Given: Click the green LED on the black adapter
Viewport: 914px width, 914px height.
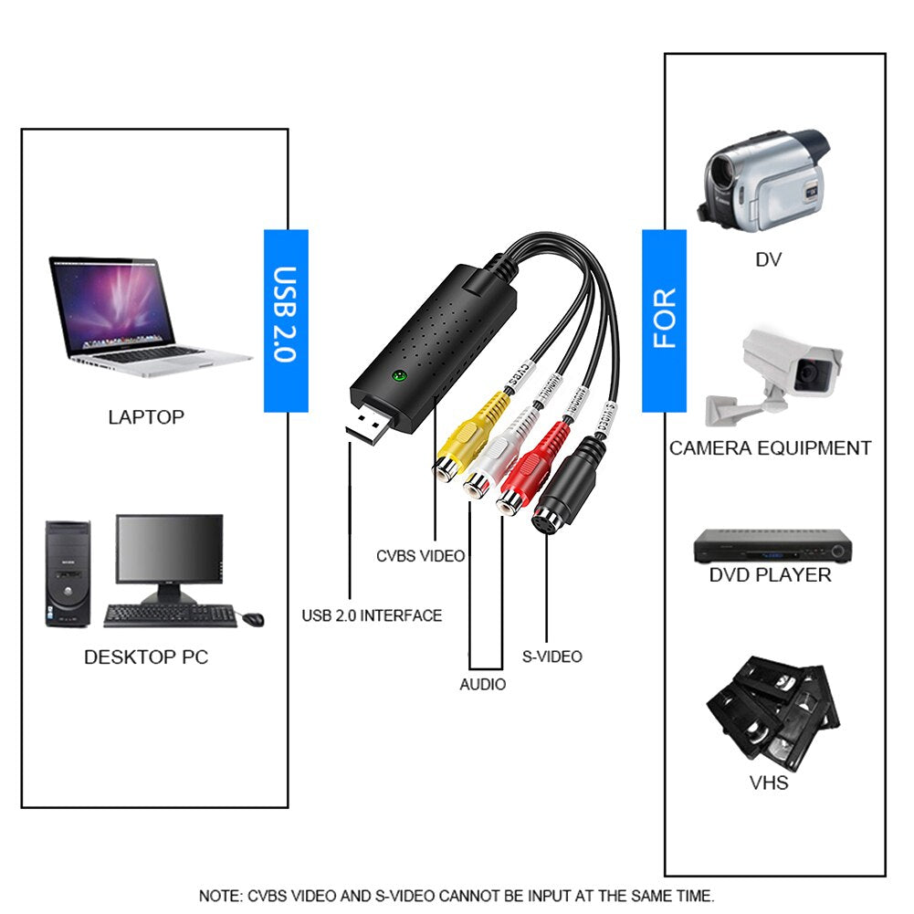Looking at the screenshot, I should point(398,375).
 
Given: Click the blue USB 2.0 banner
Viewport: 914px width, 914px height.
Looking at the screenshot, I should point(286,320).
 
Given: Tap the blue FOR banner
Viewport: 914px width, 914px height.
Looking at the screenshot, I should point(664,320).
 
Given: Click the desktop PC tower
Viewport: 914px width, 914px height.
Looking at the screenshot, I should point(68,573).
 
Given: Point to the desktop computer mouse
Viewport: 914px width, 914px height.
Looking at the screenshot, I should point(252,618).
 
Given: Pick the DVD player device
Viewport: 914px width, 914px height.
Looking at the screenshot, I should point(772,546).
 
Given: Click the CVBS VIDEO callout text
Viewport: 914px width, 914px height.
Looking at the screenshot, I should point(421,555).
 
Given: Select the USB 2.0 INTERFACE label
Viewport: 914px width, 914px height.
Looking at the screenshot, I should point(372,615).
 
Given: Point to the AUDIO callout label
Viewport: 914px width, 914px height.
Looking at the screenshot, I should point(482,684).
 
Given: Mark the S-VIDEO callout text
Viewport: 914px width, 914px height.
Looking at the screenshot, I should point(552,656).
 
